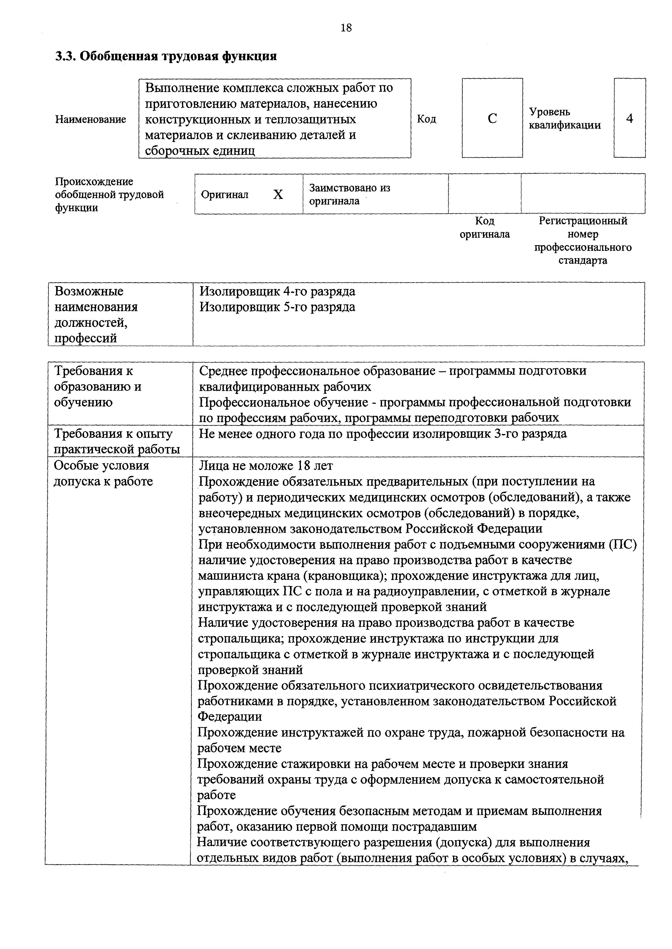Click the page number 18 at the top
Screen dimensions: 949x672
click(x=346, y=28)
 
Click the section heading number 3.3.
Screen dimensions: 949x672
click(x=65, y=56)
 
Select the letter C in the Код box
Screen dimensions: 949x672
click(x=492, y=119)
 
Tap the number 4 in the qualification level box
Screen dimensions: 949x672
click(x=629, y=119)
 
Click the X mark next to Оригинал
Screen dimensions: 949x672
click(x=278, y=195)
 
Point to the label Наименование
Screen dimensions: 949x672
click(x=91, y=119)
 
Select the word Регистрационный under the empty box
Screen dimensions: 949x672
click(x=583, y=221)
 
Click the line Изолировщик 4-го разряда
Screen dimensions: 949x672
click(x=277, y=291)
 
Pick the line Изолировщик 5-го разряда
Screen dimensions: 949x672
click(x=277, y=307)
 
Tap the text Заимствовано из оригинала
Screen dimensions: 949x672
click(x=350, y=194)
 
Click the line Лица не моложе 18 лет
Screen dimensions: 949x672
click(x=266, y=466)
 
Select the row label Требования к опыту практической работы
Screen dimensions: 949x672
click(x=117, y=441)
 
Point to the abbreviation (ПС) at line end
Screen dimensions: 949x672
click(x=623, y=544)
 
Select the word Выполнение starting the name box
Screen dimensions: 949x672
click(x=181, y=88)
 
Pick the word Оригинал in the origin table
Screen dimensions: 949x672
click(x=225, y=195)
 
